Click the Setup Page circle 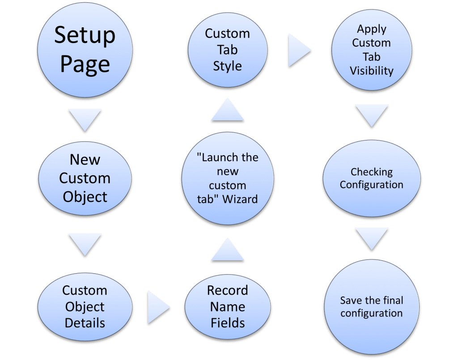pos(85,50)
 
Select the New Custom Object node pos(85,178)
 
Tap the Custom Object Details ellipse pos(85,307)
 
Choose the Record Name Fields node pos(227,307)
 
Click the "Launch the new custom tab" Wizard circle pos(227,178)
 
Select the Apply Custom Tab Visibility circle pos(371,50)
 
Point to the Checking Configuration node pos(371,178)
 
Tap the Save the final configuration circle pos(371,307)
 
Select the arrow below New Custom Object pos(85,244)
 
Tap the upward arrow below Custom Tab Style pos(227,111)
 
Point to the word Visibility pos(371,71)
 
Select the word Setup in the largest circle pos(85,35)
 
